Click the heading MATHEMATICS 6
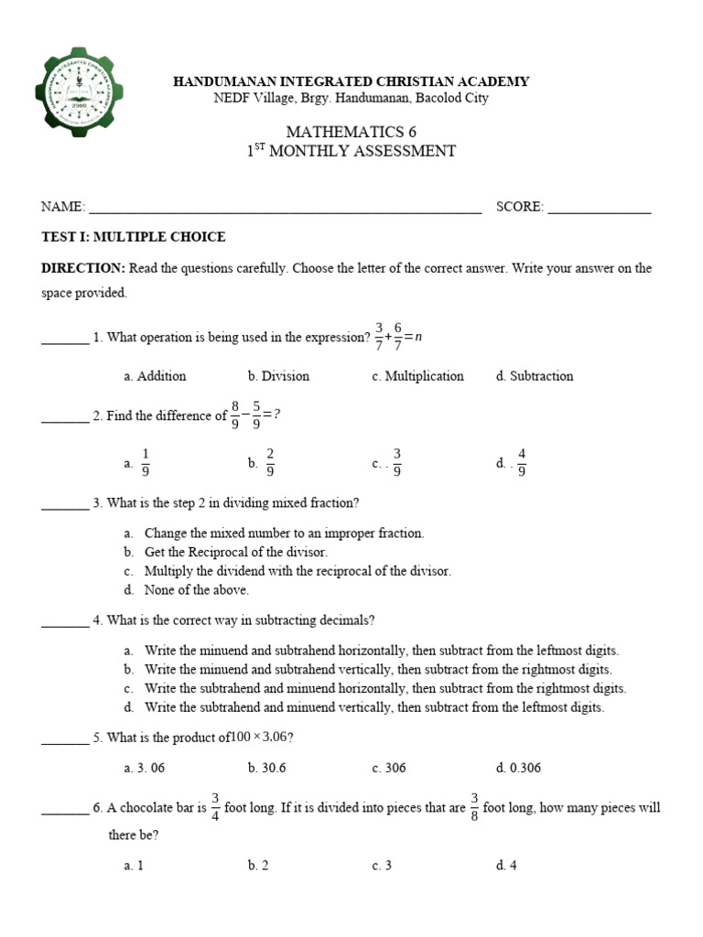pos(351,133)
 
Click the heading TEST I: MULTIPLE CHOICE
pos(134,237)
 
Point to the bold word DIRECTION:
pos(83,268)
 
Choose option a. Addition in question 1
pos(155,376)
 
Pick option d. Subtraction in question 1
pos(534,376)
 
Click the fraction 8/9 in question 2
pos(235,415)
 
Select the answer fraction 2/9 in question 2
pos(270,463)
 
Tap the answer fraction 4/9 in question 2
pos(522,463)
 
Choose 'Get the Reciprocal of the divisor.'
pos(235,552)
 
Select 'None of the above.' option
pos(196,590)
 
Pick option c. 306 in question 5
pos(389,768)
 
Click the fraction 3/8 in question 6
pos(475,808)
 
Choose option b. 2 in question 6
pos(258,866)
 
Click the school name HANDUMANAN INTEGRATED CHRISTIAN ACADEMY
pos(351,81)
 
